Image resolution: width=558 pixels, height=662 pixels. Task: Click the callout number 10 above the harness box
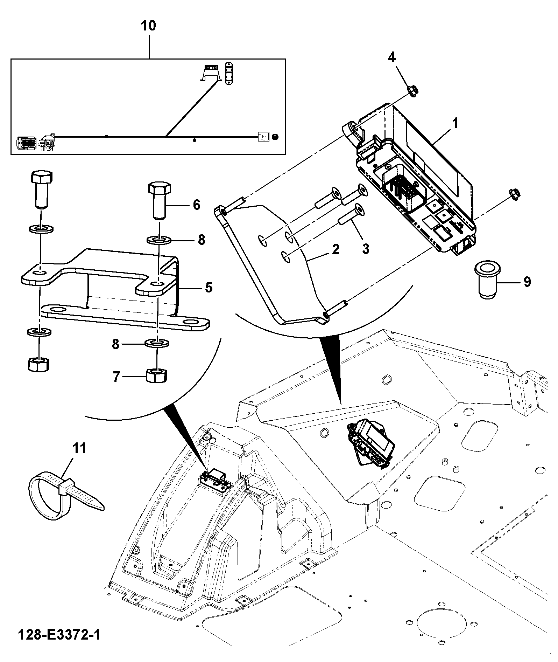click(x=148, y=26)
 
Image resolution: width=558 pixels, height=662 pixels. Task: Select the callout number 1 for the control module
click(x=455, y=124)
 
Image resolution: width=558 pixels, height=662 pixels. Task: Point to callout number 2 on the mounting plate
click(x=335, y=250)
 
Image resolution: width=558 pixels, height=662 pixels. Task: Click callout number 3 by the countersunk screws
click(x=366, y=249)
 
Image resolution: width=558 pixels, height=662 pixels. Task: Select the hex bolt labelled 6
click(x=160, y=201)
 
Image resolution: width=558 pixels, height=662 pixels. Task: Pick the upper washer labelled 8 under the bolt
click(x=158, y=241)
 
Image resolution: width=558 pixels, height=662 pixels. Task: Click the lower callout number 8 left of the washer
click(x=116, y=345)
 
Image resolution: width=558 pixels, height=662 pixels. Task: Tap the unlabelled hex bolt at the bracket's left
click(x=42, y=189)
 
